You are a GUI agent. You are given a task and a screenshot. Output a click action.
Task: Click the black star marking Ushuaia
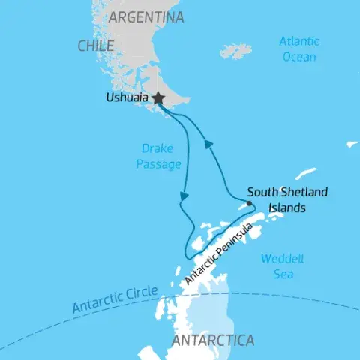[x=158, y=98]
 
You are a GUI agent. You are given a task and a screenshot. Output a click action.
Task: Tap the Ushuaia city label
[x=126, y=98]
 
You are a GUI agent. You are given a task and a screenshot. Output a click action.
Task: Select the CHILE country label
[x=95, y=46]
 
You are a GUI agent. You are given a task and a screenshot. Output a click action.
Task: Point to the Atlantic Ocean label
[x=300, y=48]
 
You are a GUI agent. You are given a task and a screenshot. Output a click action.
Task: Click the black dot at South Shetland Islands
[x=249, y=202]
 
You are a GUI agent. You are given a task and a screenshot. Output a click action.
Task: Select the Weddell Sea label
[x=282, y=266]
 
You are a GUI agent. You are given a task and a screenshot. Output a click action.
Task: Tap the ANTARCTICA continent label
[x=213, y=340]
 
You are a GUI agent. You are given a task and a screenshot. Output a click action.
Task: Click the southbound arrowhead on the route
[x=182, y=196]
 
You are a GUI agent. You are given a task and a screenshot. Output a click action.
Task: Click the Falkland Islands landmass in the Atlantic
[x=236, y=51]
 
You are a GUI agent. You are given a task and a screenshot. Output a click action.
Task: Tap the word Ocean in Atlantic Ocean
[x=300, y=55]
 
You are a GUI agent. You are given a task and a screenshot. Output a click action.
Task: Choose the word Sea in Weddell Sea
[x=281, y=274]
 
